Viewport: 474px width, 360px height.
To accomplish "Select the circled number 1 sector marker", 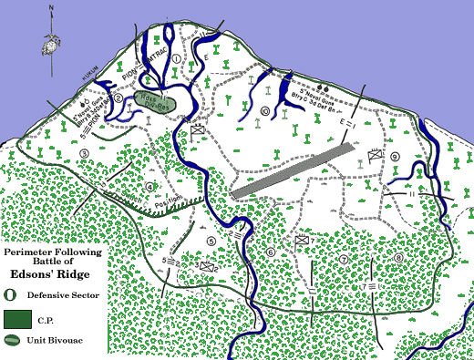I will (x=176, y=60).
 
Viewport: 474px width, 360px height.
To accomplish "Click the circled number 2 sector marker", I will (x=118, y=99).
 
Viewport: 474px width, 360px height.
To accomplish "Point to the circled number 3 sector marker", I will (x=84, y=153).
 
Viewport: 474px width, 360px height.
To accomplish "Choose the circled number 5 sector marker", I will (x=211, y=241).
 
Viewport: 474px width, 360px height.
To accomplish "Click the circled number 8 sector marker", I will (x=398, y=257).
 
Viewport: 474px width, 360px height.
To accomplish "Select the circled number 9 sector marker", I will (x=395, y=157).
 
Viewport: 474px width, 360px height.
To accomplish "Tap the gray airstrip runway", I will (x=293, y=170).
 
